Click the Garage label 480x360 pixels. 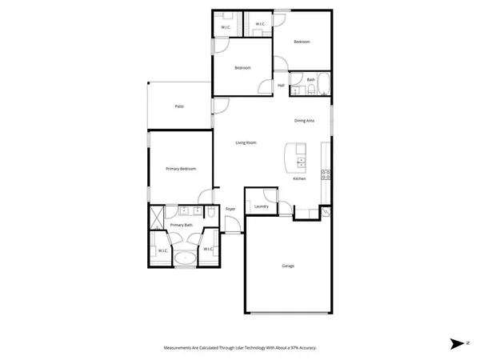(x=287, y=266)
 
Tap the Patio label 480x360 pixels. (x=180, y=106)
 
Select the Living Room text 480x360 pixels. (x=246, y=143)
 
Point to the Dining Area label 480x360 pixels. (x=304, y=121)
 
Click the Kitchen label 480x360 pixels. (x=299, y=178)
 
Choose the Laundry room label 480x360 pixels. (x=260, y=206)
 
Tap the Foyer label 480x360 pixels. (x=230, y=210)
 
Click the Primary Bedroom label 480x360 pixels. (x=181, y=169)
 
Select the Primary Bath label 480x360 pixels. (x=182, y=226)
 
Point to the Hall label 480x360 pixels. (x=281, y=86)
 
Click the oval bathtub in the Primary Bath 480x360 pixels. (x=186, y=258)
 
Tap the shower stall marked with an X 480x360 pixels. (x=156, y=214)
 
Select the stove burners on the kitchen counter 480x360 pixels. (x=326, y=174)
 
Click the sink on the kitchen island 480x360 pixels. (x=301, y=162)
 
